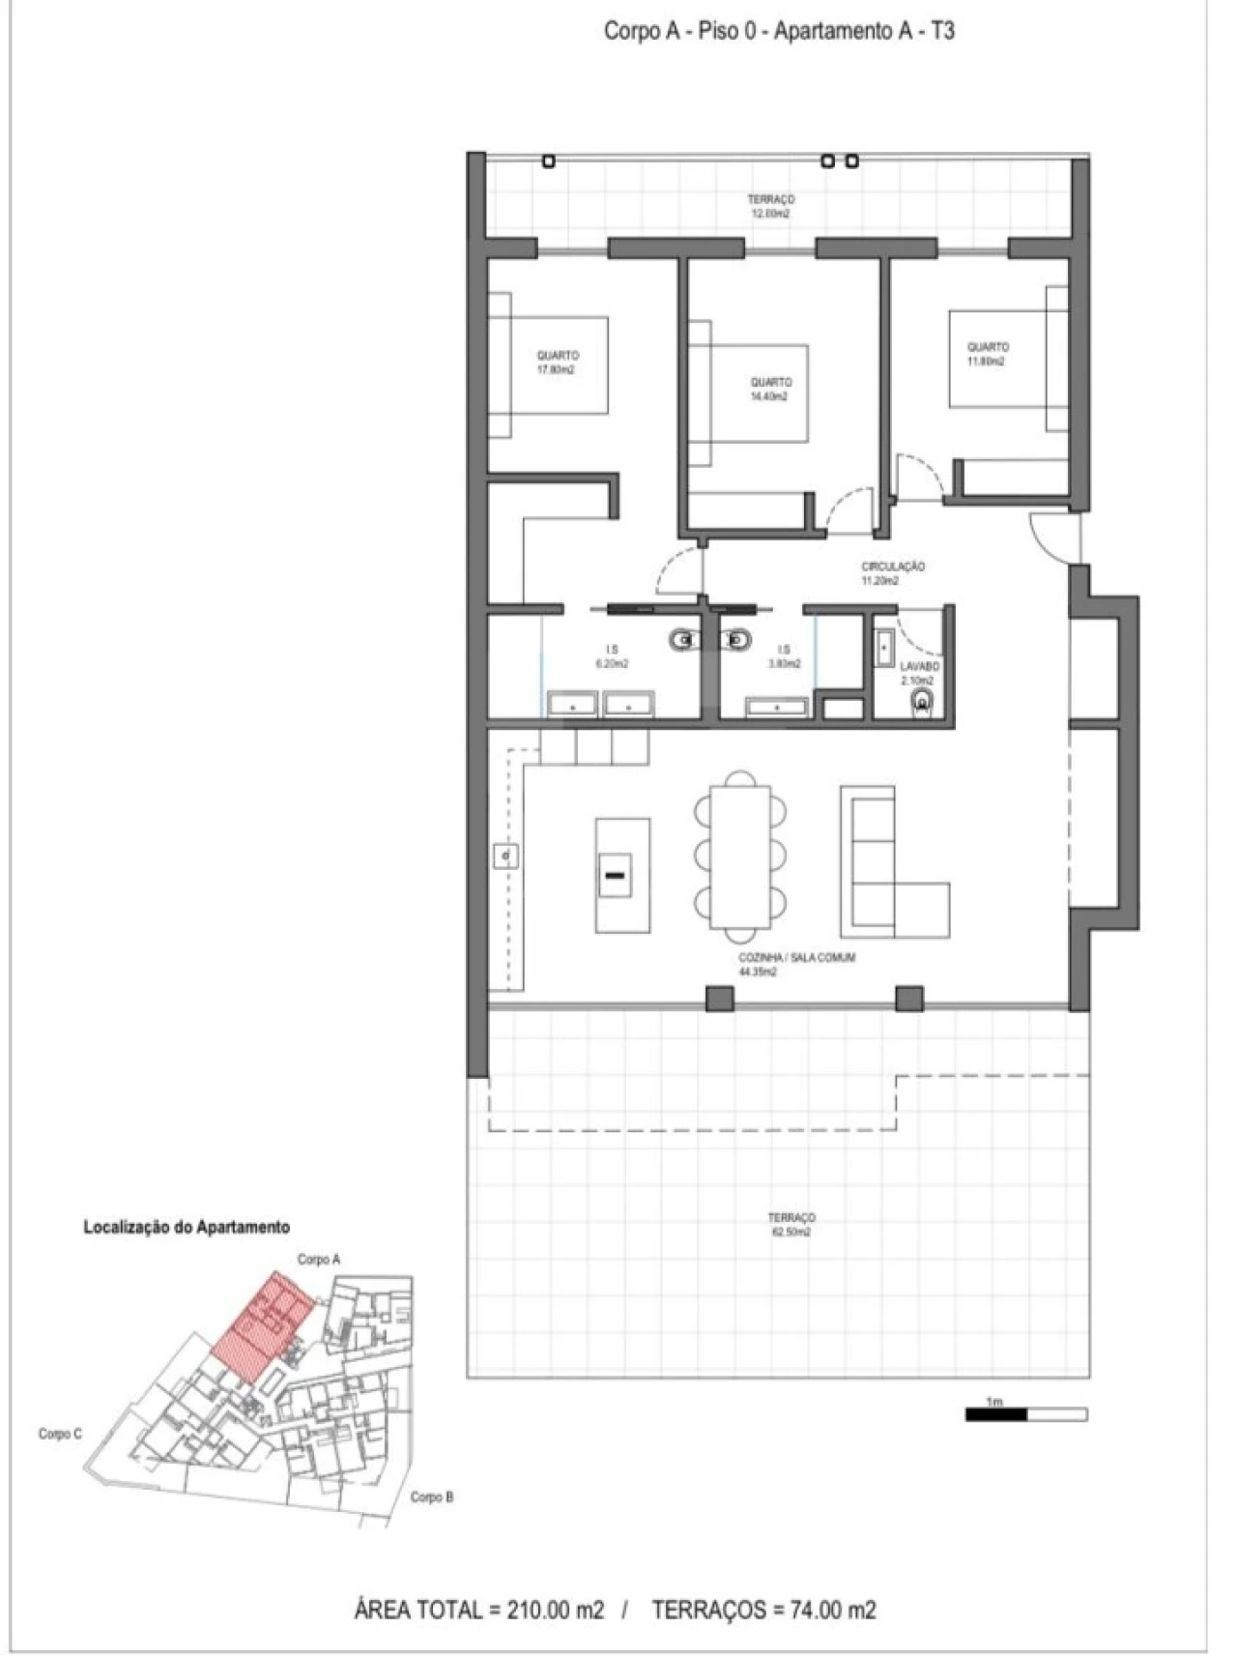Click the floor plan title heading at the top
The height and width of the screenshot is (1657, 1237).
[779, 31]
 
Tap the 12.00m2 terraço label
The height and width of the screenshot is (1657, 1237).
[770, 206]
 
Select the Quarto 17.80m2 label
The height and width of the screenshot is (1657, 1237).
[558, 362]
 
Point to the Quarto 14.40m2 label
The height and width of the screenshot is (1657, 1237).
[770, 389]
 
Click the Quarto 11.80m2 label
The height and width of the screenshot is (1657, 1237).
[988, 354]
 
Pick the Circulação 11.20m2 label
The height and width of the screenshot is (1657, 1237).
[892, 573]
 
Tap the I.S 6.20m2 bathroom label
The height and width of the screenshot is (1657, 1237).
[612, 657]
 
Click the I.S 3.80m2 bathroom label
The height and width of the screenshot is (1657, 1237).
[784, 657]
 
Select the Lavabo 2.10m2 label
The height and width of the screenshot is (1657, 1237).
[919, 673]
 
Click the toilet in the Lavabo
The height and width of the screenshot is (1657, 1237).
[923, 702]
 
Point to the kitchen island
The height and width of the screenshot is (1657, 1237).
[621, 874]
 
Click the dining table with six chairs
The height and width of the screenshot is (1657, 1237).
[740, 857]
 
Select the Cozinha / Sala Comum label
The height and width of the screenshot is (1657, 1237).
[796, 964]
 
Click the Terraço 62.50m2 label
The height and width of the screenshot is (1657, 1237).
[791, 1225]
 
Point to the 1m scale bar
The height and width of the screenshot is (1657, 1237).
[1025, 1414]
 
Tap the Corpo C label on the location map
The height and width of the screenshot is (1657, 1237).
[60, 1434]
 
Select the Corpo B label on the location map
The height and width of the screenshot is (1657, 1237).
[431, 1497]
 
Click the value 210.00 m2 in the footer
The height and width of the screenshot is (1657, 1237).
[547, 1610]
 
